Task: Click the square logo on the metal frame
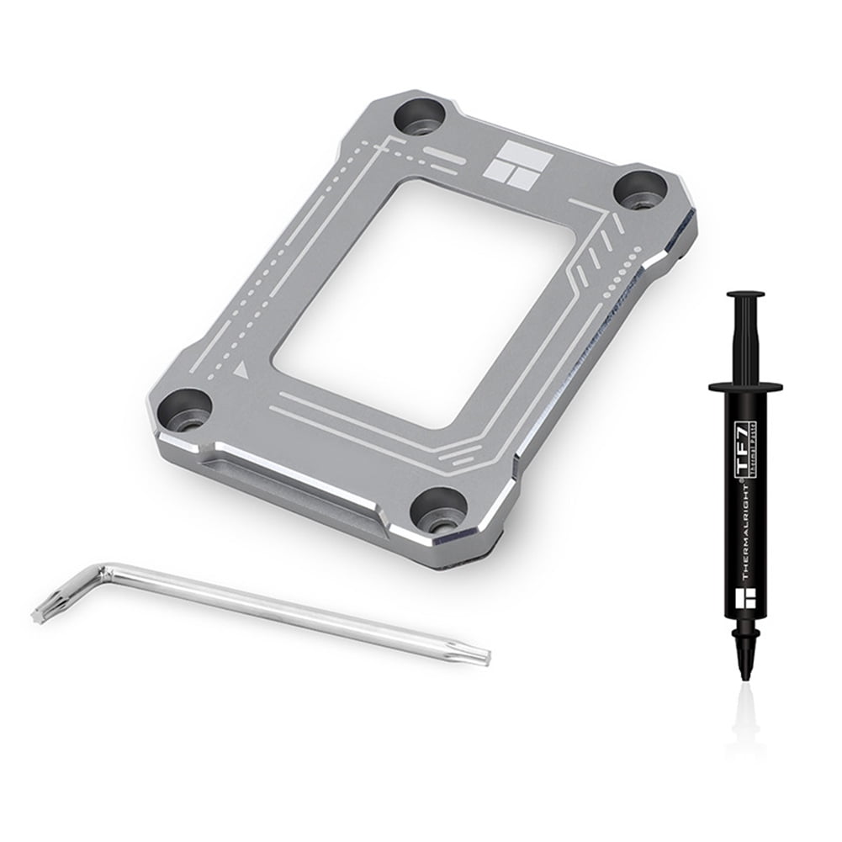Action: [x=517, y=159]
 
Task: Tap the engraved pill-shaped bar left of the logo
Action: [x=442, y=151]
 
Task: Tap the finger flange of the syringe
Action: [x=745, y=387]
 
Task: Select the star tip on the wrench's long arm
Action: [x=479, y=653]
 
